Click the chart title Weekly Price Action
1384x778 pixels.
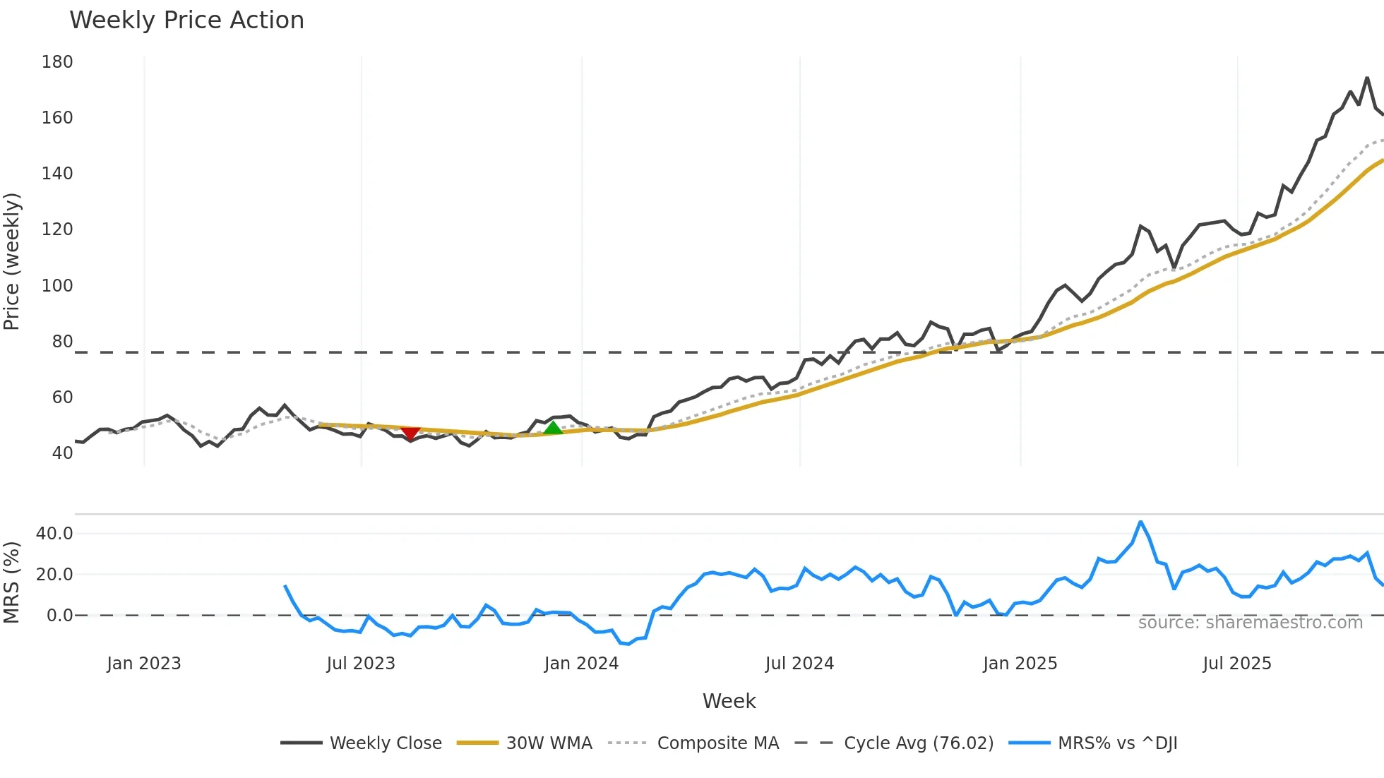pyautogui.click(x=186, y=20)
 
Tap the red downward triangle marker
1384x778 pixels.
pyautogui.click(x=410, y=433)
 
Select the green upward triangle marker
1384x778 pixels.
pyautogui.click(x=553, y=428)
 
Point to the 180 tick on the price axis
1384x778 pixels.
pyautogui.click(x=57, y=62)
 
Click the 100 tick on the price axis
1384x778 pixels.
pyautogui.click(x=57, y=285)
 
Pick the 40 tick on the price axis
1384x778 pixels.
pyautogui.click(x=62, y=453)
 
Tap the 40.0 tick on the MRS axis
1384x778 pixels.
pyautogui.click(x=54, y=533)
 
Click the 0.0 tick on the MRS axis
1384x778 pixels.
pyautogui.click(x=59, y=615)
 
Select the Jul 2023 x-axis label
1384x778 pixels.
pyautogui.click(x=361, y=664)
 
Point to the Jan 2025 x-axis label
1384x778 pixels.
pyautogui.click(x=1020, y=664)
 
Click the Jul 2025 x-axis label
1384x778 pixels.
pyautogui.click(x=1237, y=664)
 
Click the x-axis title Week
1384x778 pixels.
pyautogui.click(x=729, y=701)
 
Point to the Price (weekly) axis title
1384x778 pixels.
pyautogui.click(x=12, y=261)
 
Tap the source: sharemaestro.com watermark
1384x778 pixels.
pyautogui.click(x=1250, y=622)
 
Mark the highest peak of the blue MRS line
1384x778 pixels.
pyautogui.click(x=1140, y=522)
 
